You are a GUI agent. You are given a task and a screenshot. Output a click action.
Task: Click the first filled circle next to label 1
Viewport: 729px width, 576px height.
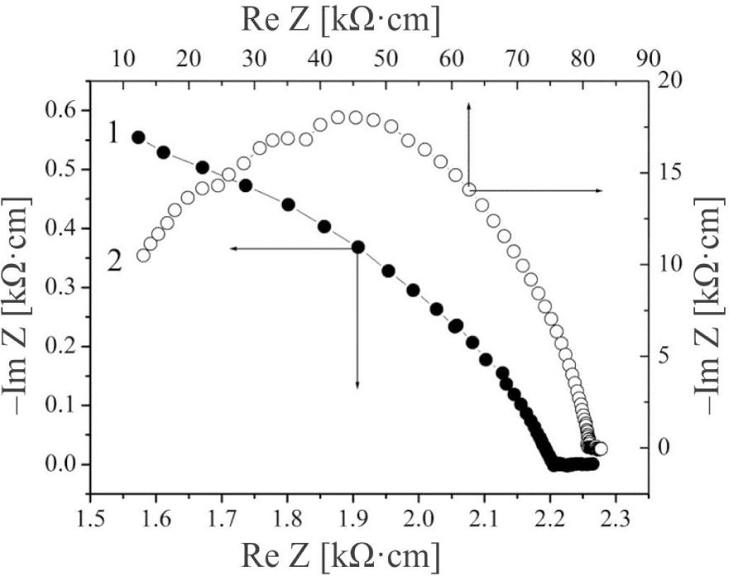(x=138, y=137)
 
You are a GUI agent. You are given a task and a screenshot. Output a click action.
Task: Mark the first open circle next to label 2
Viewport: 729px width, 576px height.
(x=143, y=255)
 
